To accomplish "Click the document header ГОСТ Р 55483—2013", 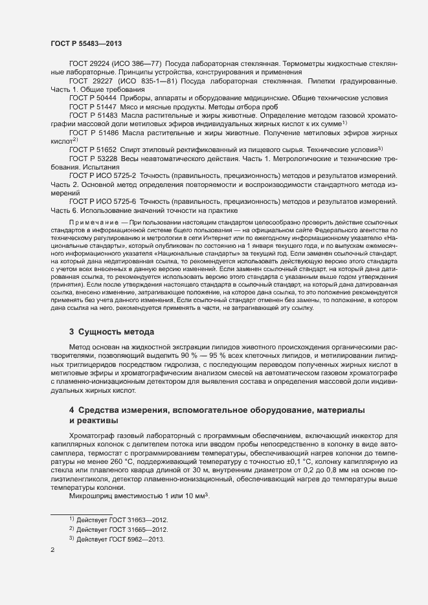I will click(x=86, y=43).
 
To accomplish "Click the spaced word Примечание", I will click(x=93, y=223).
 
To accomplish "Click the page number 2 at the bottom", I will click(x=52, y=551).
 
